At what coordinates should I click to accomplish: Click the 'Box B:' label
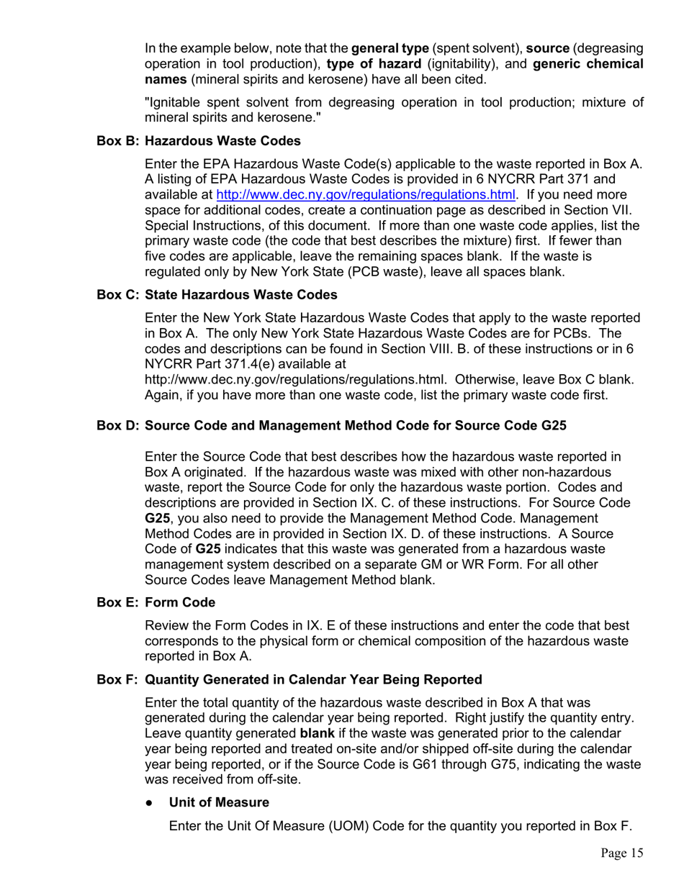click(118, 140)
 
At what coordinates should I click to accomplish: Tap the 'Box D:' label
click(118, 425)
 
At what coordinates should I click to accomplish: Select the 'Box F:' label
click(118, 679)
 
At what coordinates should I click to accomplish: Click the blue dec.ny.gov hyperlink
click(366, 195)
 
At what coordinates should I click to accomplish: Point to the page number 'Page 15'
click(622, 853)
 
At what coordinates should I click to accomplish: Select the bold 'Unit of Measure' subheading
click(219, 802)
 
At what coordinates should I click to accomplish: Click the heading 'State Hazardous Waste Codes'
click(240, 294)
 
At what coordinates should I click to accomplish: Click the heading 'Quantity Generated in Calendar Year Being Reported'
click(313, 679)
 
